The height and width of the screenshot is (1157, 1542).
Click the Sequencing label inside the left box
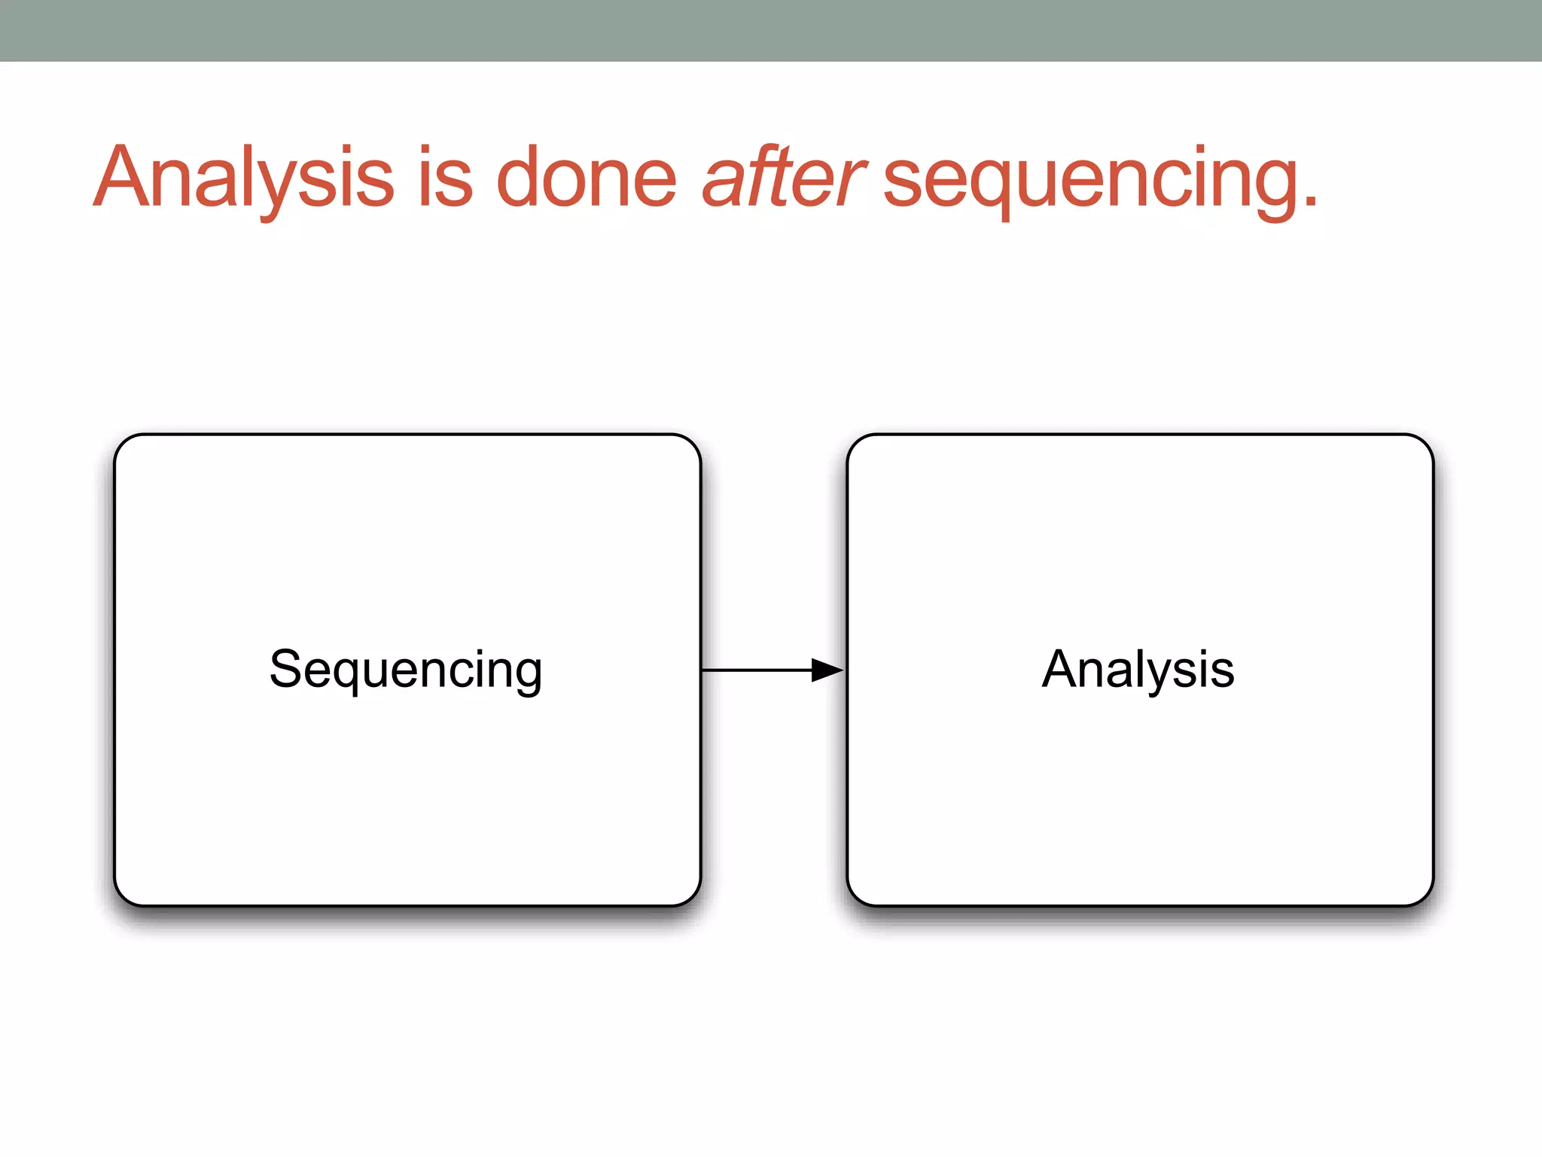[x=407, y=670]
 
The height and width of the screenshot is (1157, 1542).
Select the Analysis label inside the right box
[x=1138, y=670]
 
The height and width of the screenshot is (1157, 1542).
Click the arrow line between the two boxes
[x=753, y=670]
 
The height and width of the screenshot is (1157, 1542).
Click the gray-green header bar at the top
[x=771, y=30]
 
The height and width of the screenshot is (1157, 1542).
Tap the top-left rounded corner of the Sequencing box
[x=125, y=445]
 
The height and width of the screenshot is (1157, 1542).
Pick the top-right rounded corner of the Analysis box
[x=1422, y=445]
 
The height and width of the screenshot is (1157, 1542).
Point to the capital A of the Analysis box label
[x=1062, y=669]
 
